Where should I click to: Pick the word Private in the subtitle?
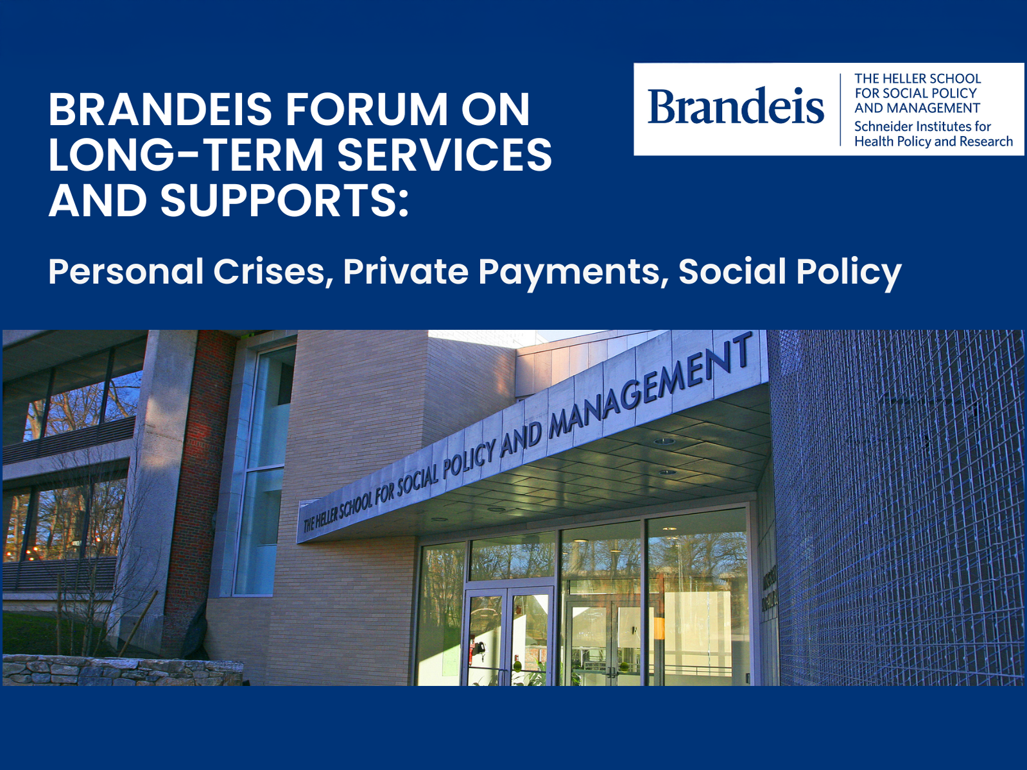click(x=406, y=271)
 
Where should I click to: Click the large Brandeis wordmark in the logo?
click(x=735, y=106)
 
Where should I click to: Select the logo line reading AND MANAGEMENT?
click(x=917, y=108)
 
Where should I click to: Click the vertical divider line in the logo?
click(x=840, y=109)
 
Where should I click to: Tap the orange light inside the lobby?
click(x=659, y=629)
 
